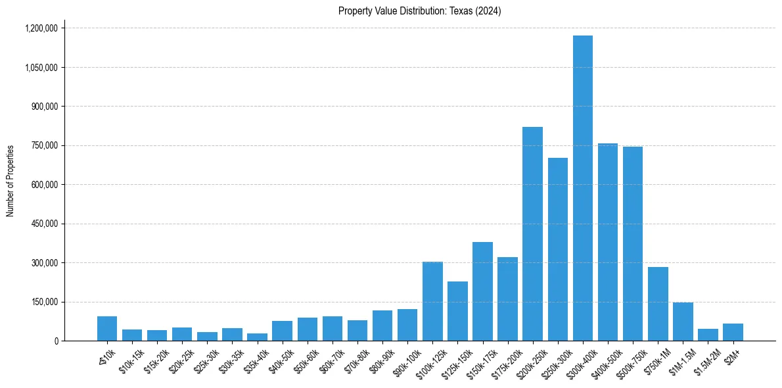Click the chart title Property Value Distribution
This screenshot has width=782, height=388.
click(x=419, y=11)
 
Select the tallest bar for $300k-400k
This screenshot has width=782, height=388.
click(x=582, y=188)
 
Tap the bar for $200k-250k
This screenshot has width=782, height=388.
click(x=532, y=233)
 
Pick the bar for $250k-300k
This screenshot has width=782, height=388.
click(x=557, y=249)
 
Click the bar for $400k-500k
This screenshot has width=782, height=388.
click(x=608, y=242)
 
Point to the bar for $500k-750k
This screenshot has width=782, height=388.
click(x=633, y=243)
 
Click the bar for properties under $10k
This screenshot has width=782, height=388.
click(x=107, y=329)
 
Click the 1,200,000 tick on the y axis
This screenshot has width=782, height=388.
click(x=41, y=28)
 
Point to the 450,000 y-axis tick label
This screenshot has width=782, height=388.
click(x=44, y=224)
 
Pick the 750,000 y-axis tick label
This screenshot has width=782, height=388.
click(x=44, y=145)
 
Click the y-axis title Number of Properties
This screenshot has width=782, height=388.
click(x=11, y=181)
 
